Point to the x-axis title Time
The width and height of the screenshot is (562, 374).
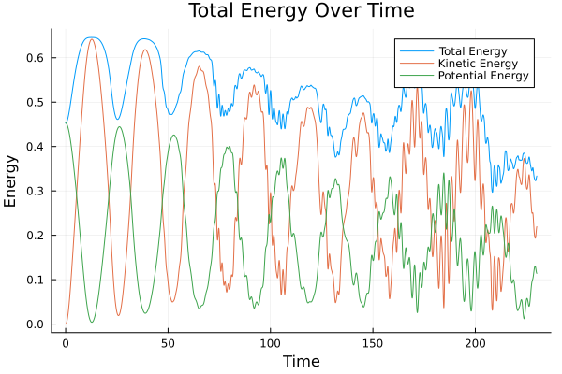tap(301, 361)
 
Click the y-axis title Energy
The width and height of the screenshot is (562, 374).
tap(12, 180)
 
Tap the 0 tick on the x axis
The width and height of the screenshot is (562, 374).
tap(66, 343)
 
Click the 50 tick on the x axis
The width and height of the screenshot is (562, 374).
tap(168, 343)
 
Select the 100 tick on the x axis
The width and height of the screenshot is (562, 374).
tap(271, 343)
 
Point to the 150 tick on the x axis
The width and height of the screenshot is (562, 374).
tap(373, 343)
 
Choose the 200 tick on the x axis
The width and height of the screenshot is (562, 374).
tap(476, 343)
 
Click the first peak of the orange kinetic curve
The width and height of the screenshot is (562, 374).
tap(91, 39)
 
